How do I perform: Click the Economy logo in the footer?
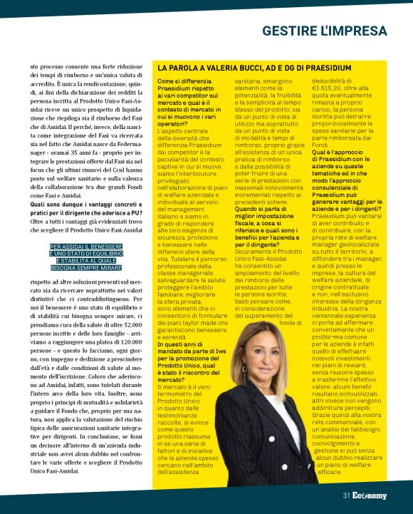point(369,495)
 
